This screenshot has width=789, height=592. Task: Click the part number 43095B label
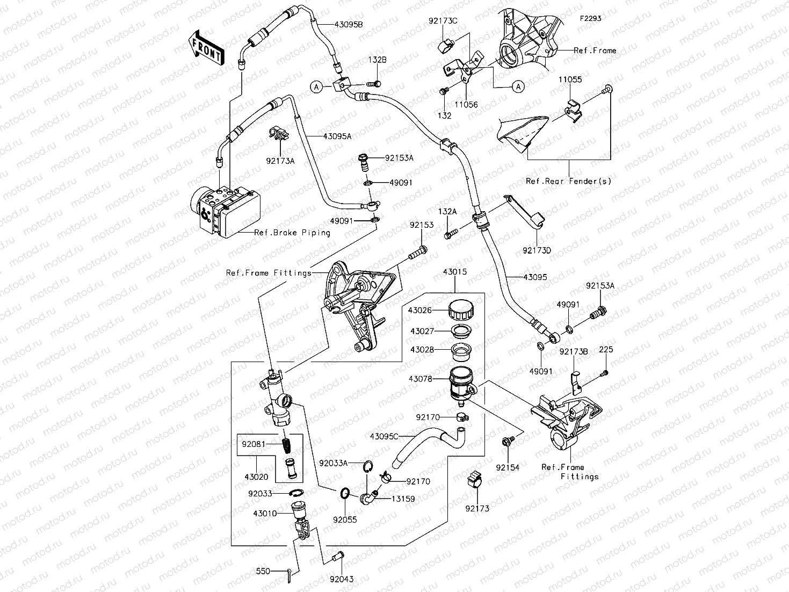coord(333,25)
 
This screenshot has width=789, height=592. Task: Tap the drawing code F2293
coord(590,18)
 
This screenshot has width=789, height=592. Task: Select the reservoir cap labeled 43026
coord(461,310)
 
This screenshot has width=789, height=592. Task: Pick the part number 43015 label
coord(454,272)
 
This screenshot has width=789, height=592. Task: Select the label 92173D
coord(537,250)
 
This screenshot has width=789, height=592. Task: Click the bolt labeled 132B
coord(374,83)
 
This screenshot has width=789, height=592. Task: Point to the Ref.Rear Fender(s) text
coord(568,181)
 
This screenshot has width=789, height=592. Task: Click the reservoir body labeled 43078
coord(460,382)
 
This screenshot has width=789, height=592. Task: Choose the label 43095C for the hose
coord(384,436)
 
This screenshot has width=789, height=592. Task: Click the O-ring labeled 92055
coord(345,493)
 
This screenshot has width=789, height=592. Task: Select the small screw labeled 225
coord(605,372)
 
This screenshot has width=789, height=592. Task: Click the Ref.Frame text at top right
coord(595,50)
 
